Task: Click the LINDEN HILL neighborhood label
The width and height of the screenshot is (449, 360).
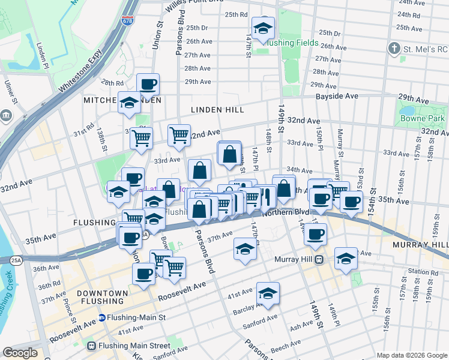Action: (217, 110)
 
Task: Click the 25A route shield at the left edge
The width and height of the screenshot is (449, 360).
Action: (15, 260)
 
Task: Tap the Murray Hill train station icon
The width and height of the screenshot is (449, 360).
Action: (319, 259)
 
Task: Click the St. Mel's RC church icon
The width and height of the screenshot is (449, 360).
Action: (394, 47)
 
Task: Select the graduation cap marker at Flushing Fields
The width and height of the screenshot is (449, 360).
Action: (263, 28)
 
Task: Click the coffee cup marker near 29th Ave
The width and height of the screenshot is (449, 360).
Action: (148, 85)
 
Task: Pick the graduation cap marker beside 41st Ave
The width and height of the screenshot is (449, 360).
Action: (268, 293)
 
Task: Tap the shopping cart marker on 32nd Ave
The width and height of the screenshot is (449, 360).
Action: (179, 136)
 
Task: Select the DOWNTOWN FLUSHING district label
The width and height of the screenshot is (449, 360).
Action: (103, 298)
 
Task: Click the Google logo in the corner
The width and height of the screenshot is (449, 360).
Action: (20, 352)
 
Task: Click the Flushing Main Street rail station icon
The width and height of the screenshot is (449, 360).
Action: (91, 346)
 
